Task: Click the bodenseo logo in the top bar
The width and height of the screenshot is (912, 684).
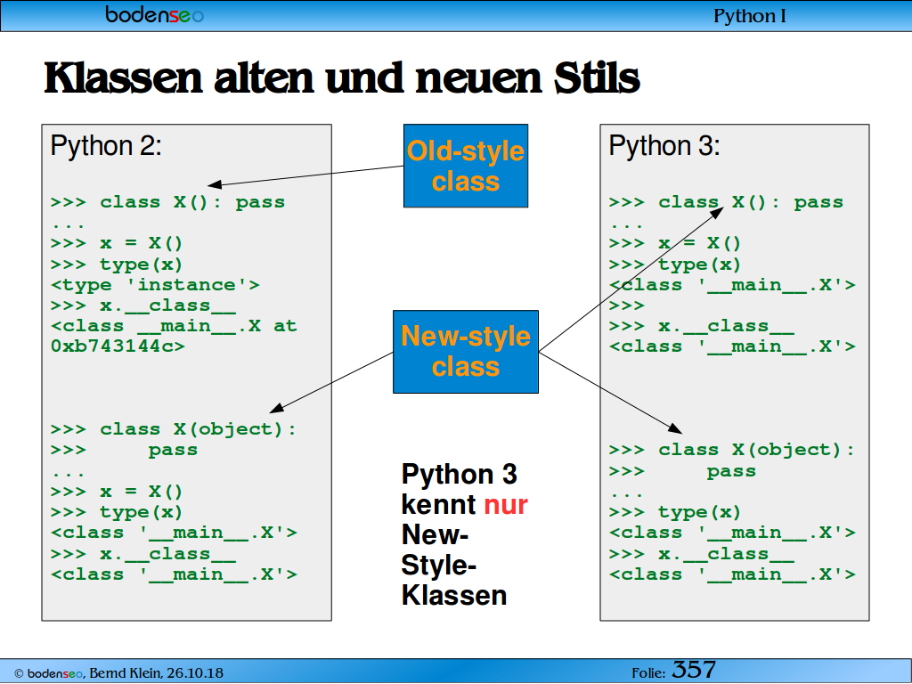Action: click(x=154, y=14)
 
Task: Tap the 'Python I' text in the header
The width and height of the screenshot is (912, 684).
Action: click(x=749, y=16)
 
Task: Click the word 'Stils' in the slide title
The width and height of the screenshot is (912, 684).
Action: click(x=597, y=78)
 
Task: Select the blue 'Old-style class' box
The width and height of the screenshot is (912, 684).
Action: click(x=466, y=166)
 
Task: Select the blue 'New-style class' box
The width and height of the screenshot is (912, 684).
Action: click(x=466, y=352)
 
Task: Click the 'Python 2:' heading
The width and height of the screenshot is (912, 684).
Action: click(x=106, y=145)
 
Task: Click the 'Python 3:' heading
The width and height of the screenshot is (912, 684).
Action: click(x=664, y=145)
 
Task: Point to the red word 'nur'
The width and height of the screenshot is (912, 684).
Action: click(x=506, y=504)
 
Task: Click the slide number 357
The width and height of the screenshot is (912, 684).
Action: click(x=694, y=670)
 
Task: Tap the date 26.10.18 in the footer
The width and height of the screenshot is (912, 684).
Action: click(x=195, y=673)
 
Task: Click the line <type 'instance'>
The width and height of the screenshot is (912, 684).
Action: click(x=155, y=285)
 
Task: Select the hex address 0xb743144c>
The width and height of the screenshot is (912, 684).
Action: click(x=118, y=346)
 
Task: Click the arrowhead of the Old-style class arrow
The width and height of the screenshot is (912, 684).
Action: click(x=214, y=184)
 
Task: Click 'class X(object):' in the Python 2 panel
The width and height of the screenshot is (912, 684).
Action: click(x=198, y=430)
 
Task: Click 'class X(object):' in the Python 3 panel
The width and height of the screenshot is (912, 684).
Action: click(x=756, y=450)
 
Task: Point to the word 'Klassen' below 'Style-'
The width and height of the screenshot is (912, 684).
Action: click(x=454, y=596)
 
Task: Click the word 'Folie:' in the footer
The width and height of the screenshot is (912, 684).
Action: click(x=648, y=673)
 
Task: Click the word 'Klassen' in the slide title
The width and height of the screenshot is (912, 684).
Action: click(x=123, y=78)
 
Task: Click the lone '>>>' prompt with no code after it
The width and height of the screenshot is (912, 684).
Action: click(x=627, y=306)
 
